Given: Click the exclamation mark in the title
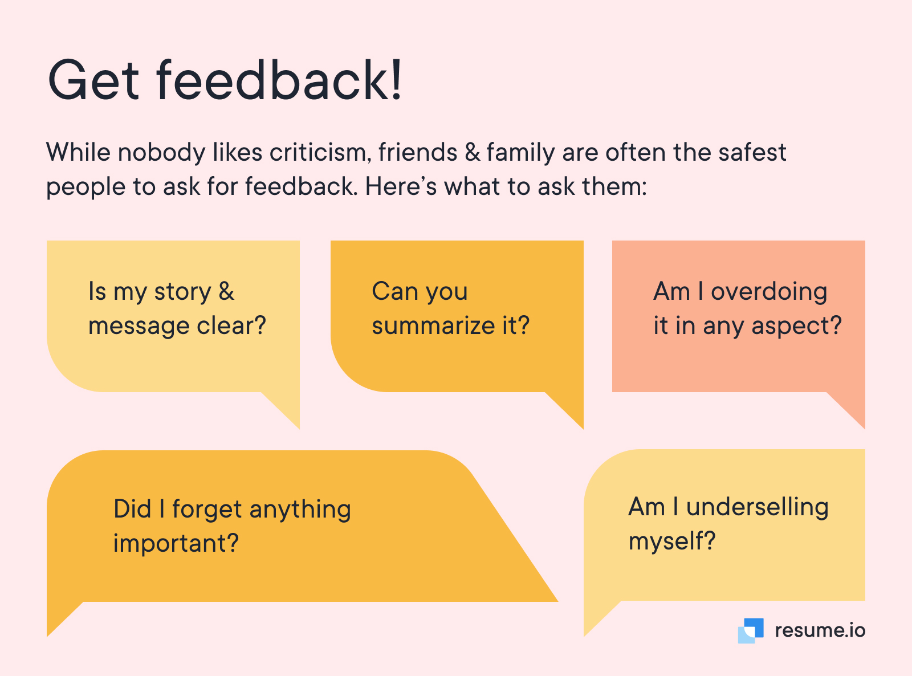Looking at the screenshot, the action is coord(396,79).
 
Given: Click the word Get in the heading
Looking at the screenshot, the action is coord(93,80).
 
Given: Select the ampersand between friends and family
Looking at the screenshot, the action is coord(473,152).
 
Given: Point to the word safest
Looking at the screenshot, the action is coord(752,152).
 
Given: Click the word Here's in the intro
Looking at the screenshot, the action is coord(401,186).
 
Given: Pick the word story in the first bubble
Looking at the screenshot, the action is coord(182,292).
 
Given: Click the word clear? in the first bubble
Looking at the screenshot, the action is coord(231,325).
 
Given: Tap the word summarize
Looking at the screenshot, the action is coord(433,325).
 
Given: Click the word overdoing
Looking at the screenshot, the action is coord(769,291).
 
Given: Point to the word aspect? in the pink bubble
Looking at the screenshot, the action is coord(796,327).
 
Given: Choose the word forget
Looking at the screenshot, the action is coord(207,510).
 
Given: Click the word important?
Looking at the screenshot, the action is coord(176,544).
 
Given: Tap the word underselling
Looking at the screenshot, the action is coord(758,507).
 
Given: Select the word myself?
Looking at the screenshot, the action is coord(672,541).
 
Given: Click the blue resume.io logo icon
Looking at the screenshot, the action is coord(751,630).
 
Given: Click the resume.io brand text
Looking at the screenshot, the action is coord(820,631).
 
